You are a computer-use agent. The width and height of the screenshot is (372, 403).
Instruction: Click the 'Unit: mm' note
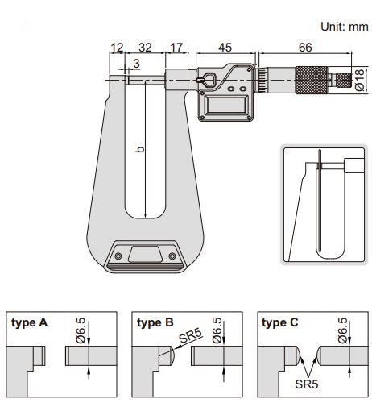pyautogui.click(x=345, y=27)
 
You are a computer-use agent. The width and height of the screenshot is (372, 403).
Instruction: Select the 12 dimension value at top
pyautogui.click(x=117, y=48)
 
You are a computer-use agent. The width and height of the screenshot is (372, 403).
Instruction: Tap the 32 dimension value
pyautogui.click(x=145, y=48)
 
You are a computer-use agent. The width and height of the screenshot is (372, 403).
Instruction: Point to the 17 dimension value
pyautogui.click(x=176, y=48)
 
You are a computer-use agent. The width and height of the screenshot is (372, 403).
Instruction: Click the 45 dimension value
pyautogui.click(x=225, y=48)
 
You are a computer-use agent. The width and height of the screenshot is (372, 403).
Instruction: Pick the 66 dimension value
pyautogui.click(x=305, y=48)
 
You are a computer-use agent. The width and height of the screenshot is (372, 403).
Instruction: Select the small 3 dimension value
pyautogui.click(x=136, y=64)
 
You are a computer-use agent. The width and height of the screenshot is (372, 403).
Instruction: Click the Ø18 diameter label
pyautogui.click(x=360, y=80)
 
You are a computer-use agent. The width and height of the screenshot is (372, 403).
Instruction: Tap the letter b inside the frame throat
pyautogui.click(x=140, y=149)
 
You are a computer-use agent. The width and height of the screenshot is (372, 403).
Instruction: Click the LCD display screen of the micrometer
pyautogui.click(x=226, y=105)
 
